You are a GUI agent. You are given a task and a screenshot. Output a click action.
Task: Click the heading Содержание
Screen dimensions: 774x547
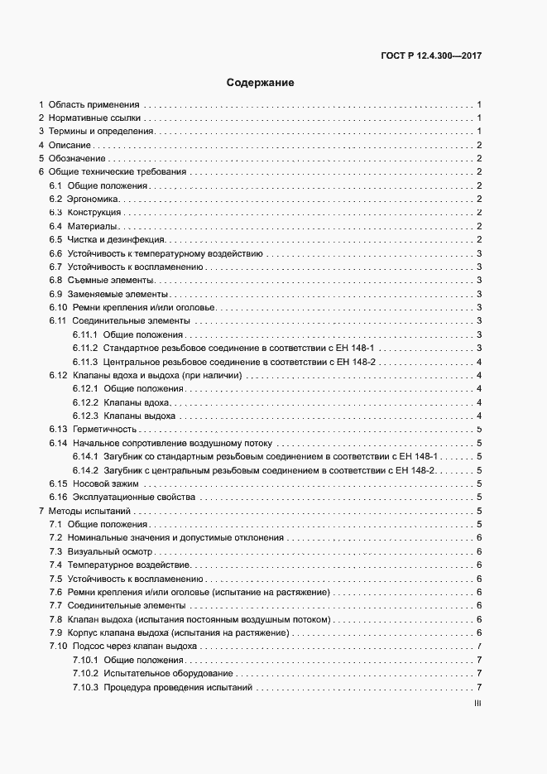pos(260,83)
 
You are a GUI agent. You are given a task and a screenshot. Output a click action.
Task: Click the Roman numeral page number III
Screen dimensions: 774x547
pos(477,704)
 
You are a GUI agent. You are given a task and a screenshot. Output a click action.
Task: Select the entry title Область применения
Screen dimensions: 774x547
pos(94,104)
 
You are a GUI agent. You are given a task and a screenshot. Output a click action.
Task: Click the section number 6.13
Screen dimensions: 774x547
pos(57,429)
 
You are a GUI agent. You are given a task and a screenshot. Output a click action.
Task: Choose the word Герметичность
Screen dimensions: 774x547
pos(103,429)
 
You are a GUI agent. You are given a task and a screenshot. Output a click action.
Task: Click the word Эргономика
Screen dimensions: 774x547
pos(94,199)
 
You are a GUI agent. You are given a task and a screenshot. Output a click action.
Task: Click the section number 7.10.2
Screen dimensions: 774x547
pos(85,674)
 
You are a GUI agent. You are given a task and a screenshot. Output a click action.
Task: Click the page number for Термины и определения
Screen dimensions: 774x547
pos(480,132)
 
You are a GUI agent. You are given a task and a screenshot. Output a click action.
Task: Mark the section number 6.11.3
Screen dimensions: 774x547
pos(85,362)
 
